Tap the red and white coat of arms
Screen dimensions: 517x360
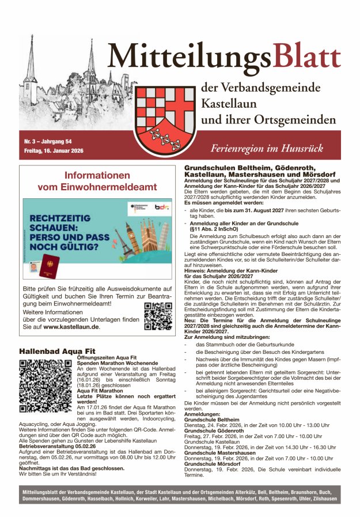point(167,119)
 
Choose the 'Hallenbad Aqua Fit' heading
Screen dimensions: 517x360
point(58,350)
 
